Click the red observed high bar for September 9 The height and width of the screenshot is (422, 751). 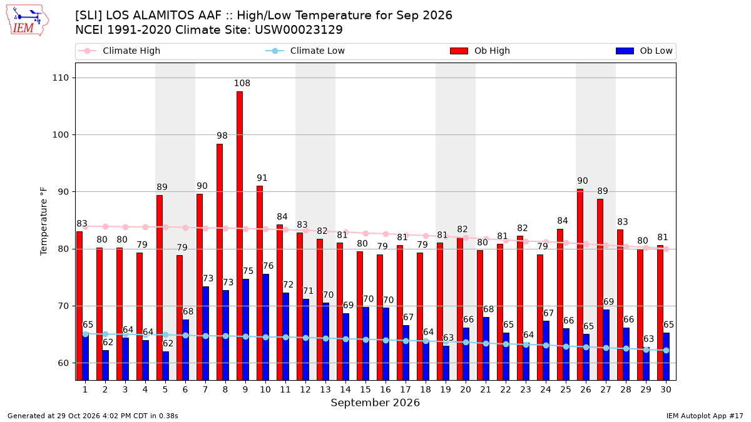pyautogui.click(x=240, y=236)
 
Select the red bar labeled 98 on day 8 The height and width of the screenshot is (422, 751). pyautogui.click(x=220, y=262)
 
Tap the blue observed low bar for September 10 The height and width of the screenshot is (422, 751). pyautogui.click(x=265, y=327)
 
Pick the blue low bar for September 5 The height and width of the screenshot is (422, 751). pyautogui.click(x=166, y=366)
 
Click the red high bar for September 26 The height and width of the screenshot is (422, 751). pyautogui.click(x=580, y=284)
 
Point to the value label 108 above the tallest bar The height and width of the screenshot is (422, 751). pyautogui.click(x=242, y=83)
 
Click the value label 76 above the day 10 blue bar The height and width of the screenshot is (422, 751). pyautogui.click(x=268, y=266)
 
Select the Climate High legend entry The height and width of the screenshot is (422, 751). pyautogui.click(x=120, y=51)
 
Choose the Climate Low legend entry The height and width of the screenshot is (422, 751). pyautogui.click(x=305, y=51)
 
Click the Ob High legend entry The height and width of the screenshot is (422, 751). pyautogui.click(x=480, y=51)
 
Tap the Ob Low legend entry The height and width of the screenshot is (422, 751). pyautogui.click(x=644, y=51)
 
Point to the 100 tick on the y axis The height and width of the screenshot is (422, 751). pyautogui.click(x=60, y=134)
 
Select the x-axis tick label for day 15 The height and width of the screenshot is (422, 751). pyautogui.click(x=365, y=389)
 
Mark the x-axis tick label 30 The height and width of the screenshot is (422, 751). pyautogui.click(x=666, y=389)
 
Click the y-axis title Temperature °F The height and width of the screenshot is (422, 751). pyautogui.click(x=44, y=221)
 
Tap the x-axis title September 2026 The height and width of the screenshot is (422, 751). pyautogui.click(x=375, y=403)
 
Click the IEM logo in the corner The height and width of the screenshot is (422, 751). pyautogui.click(x=28, y=20)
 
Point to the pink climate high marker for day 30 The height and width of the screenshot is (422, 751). pyautogui.click(x=666, y=249)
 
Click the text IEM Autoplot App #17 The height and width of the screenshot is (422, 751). pyautogui.click(x=705, y=416)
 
